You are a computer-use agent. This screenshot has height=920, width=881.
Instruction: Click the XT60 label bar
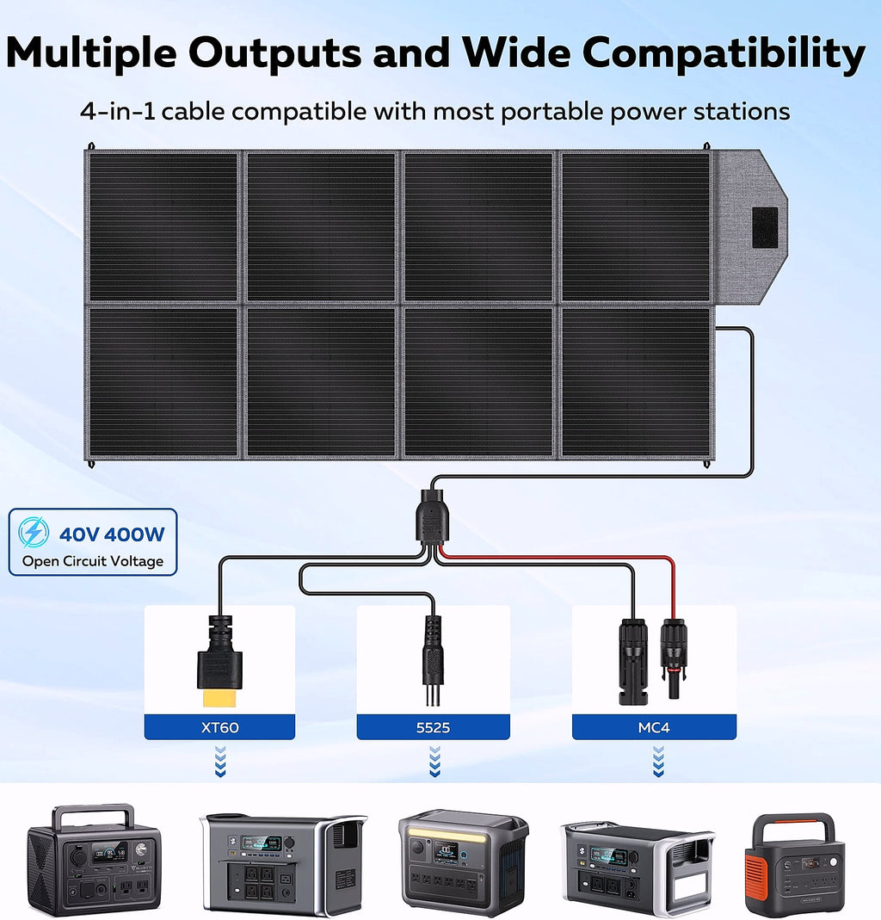tap(219, 727)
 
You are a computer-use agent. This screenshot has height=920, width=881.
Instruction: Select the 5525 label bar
tap(433, 727)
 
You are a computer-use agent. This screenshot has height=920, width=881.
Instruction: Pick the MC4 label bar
tap(654, 727)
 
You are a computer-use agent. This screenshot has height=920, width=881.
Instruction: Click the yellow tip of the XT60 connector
tap(219, 698)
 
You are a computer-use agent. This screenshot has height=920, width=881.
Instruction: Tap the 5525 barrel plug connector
tap(432, 659)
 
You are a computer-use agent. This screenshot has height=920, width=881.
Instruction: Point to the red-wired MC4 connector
tap(674, 658)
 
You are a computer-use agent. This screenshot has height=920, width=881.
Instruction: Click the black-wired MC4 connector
tap(633, 661)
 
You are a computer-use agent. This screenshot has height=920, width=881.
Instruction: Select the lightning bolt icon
tap(34, 532)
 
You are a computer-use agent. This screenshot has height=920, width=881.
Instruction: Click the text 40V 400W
tap(112, 534)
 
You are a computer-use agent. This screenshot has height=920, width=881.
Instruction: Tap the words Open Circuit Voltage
tap(93, 561)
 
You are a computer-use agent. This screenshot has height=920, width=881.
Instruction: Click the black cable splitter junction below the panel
tap(432, 516)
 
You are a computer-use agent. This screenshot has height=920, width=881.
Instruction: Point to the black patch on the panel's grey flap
tap(766, 227)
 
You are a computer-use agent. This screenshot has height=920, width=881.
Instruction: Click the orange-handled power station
tap(795, 863)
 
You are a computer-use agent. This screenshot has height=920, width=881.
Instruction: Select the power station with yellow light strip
tap(464, 861)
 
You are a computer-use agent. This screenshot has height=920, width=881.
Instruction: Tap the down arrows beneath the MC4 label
tap(659, 762)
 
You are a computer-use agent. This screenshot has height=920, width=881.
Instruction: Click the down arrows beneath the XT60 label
tap(220, 762)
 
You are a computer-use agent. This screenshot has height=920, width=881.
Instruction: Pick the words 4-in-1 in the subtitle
tap(117, 111)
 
